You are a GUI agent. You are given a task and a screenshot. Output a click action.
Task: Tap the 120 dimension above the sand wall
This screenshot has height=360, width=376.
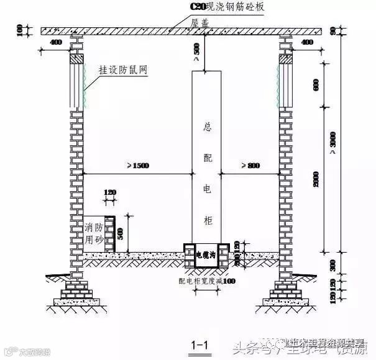[x=111, y=193]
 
